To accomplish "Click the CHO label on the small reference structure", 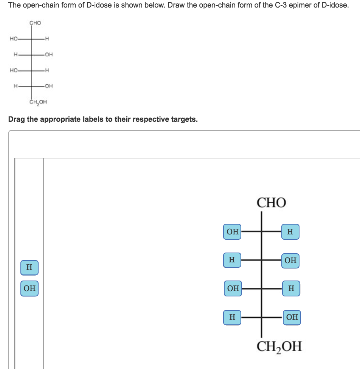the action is [35, 23].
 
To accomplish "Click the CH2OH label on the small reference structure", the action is [38, 102].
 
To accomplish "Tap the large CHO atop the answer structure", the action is [271, 203].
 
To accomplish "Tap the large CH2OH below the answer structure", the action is [279, 347].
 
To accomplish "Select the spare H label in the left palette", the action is [29, 268].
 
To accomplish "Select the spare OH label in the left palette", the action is [29, 288].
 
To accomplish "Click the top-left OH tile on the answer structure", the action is [232, 232].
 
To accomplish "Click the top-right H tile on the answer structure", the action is [290, 232].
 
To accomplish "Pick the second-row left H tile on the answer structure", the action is [232, 260].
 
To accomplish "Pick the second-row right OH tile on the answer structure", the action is [290, 261].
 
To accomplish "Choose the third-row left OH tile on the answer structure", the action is [233, 288].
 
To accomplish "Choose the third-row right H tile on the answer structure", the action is [291, 288].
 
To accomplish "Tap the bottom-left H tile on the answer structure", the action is [232, 318].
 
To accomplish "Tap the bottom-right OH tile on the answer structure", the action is [292, 318].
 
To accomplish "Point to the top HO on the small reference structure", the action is [14, 39].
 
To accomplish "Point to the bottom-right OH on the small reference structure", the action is [49, 86].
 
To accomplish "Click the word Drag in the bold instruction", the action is [17, 119].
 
